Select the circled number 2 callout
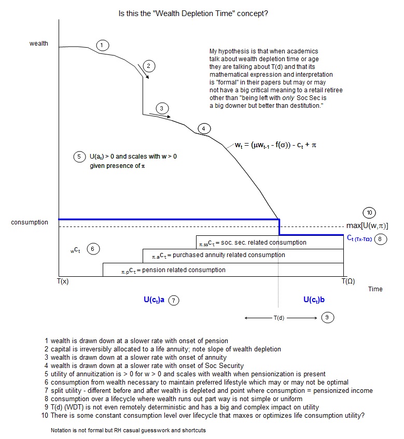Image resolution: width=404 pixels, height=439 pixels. pyautogui.click(x=148, y=65)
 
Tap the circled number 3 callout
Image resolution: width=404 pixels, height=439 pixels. pyautogui.click(x=162, y=108)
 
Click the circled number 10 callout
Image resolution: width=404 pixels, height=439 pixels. pyautogui.click(x=369, y=213)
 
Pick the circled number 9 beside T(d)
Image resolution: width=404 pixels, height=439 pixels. pyautogui.click(x=328, y=317)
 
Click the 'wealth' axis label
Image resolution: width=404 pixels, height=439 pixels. pyautogui.click(x=39, y=44)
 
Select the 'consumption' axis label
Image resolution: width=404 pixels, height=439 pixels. pyautogui.click(x=30, y=222)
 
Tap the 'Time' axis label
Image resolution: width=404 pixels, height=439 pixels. pyautogui.click(x=375, y=289)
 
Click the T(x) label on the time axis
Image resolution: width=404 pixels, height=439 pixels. pyautogui.click(x=63, y=281)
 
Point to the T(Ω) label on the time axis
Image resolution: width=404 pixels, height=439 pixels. pyautogui.click(x=348, y=281)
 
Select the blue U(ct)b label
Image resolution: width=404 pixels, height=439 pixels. pyautogui.click(x=314, y=300)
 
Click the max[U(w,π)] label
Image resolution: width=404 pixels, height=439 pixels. pyautogui.click(x=367, y=226)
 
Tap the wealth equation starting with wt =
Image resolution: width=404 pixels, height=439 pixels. pyautogui.click(x=275, y=146)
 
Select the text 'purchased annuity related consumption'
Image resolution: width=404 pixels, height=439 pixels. pyautogui.click(x=218, y=255)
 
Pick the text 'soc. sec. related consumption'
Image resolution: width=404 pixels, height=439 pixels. pyautogui.click(x=252, y=242)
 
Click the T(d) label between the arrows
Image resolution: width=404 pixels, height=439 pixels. pyautogui.click(x=278, y=317)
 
